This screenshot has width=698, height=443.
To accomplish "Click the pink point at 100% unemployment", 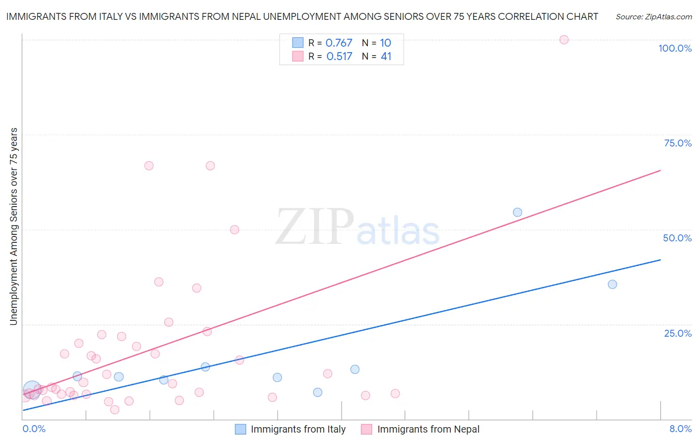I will click(x=563, y=40).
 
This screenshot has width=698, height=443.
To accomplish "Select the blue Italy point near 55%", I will click(x=517, y=213).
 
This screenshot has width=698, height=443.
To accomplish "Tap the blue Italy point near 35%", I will click(x=612, y=285).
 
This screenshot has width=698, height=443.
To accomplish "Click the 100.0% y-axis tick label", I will click(x=675, y=48).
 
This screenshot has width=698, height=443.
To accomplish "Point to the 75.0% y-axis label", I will click(x=678, y=143).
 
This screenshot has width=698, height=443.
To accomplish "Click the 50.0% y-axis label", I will click(x=677, y=238).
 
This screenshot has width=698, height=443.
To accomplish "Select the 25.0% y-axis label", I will click(x=678, y=333).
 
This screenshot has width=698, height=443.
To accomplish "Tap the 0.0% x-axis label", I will click(x=34, y=429).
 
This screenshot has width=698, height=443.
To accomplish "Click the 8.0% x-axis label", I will click(x=680, y=429).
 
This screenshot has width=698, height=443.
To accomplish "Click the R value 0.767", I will click(x=339, y=43).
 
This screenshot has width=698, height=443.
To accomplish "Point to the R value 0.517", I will click(x=339, y=57).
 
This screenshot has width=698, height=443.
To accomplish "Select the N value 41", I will click(x=386, y=57).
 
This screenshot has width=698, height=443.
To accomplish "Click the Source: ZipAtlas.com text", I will click(x=653, y=17).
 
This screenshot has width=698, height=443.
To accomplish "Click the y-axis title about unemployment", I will click(x=13, y=226).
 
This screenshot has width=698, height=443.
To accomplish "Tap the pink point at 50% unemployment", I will click(x=234, y=229).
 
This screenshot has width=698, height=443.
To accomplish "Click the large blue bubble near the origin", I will click(x=32, y=389).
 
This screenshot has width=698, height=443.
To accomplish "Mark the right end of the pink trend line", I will click(x=660, y=170).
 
